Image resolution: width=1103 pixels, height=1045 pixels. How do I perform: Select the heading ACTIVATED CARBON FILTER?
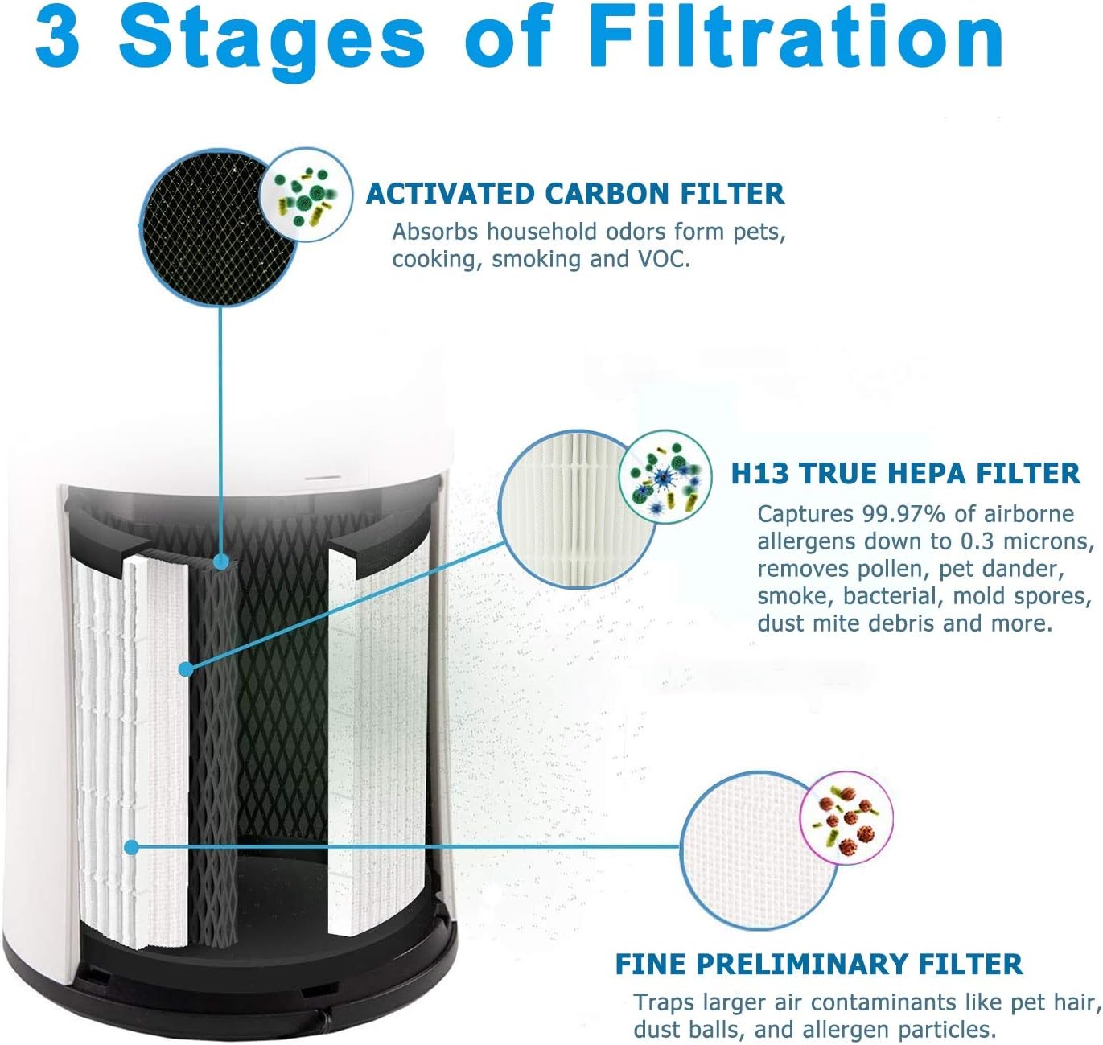[574, 194]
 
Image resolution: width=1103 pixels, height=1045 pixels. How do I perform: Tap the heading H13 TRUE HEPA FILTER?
[905, 473]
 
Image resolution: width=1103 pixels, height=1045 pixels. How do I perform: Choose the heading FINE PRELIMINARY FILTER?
[818, 963]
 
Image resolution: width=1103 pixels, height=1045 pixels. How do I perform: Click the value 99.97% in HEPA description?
[903, 514]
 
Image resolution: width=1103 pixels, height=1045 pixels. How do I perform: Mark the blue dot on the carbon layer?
[220, 562]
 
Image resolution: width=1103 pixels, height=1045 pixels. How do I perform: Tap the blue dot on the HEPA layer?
[186, 669]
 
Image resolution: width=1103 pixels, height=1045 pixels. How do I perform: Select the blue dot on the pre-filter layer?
[132, 847]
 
